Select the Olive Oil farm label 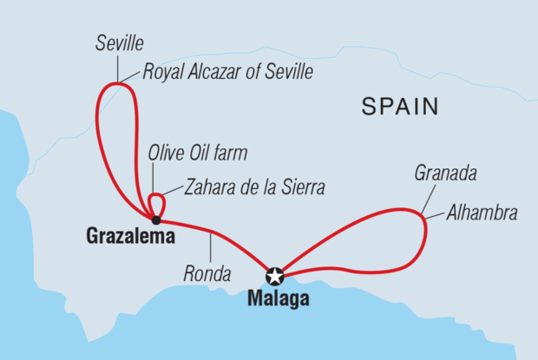[197, 154]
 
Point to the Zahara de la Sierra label [253, 187]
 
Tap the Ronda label [207, 276]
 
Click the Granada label [446, 174]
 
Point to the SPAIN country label [399, 108]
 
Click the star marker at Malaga [275, 277]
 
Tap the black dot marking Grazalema [155, 219]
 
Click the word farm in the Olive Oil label [232, 154]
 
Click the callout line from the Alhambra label [435, 212]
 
